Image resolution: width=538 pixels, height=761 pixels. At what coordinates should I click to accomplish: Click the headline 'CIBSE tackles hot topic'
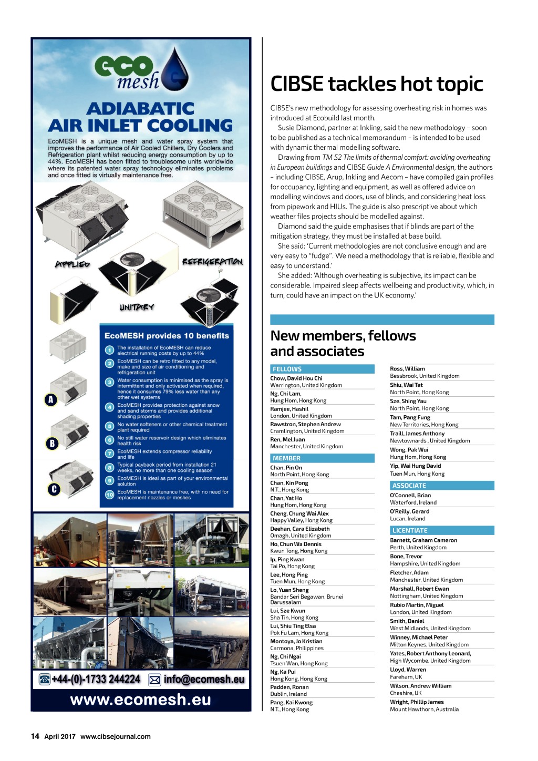tap(376, 84)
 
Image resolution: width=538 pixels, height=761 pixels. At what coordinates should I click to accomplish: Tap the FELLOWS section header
tap(287, 369)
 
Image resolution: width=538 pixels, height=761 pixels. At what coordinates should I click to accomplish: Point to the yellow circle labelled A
tap(50, 400)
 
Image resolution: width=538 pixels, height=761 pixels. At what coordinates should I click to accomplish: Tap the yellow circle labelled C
tap(54, 489)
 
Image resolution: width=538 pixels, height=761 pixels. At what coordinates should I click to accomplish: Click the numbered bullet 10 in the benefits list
tap(109, 495)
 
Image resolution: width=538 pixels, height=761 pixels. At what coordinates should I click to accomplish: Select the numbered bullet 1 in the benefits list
tap(109, 350)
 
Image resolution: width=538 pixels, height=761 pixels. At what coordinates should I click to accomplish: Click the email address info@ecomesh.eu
tap(204, 680)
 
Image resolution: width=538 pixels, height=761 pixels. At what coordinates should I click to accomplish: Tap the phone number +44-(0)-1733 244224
tap(96, 680)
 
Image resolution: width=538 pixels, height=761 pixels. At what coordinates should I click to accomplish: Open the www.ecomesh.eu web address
tap(140, 700)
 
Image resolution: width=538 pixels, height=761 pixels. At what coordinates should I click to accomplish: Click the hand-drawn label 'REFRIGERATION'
tap(212, 262)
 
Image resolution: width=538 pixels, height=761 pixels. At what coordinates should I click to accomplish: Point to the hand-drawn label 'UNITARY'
tap(136, 307)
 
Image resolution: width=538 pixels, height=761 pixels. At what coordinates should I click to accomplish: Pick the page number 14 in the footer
tap(35, 736)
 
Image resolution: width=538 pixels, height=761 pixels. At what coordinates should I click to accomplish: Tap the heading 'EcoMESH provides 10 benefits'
tap(167, 336)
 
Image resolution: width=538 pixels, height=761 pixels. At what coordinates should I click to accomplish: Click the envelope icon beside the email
tap(154, 680)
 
